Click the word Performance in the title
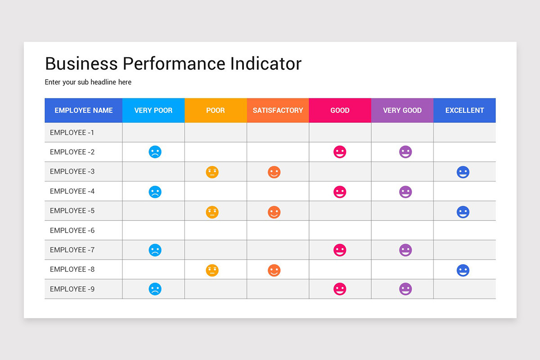[174, 64]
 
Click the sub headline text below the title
[88, 82]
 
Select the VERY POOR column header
[153, 110]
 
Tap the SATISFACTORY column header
[278, 110]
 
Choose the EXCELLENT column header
[464, 110]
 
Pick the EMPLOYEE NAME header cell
[84, 110]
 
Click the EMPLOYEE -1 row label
[72, 133]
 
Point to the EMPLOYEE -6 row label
[72, 230]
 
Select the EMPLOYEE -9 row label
[72, 289]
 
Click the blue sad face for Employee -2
[155, 152]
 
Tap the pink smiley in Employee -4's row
[340, 192]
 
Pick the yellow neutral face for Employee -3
[212, 172]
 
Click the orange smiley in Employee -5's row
[274, 212]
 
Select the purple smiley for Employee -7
[405, 250]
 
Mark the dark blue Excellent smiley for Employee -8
[463, 270]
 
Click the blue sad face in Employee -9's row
[155, 289]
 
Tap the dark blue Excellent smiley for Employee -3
[463, 172]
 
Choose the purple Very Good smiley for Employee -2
[405, 152]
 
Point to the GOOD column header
[340, 110]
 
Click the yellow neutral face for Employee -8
[212, 270]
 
